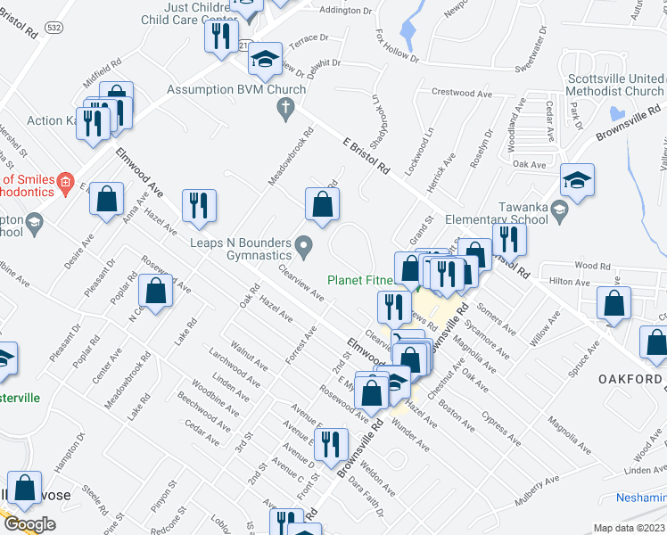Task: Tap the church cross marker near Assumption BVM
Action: (x=285, y=111)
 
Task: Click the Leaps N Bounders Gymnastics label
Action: (x=241, y=249)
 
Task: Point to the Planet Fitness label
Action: (x=360, y=279)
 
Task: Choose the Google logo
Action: (x=29, y=524)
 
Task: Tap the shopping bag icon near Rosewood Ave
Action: (x=156, y=292)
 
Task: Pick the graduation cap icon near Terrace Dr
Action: (x=265, y=59)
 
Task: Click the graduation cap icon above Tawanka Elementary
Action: (x=577, y=181)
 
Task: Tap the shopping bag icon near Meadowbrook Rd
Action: (x=322, y=204)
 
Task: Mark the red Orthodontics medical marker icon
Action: (x=64, y=185)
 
